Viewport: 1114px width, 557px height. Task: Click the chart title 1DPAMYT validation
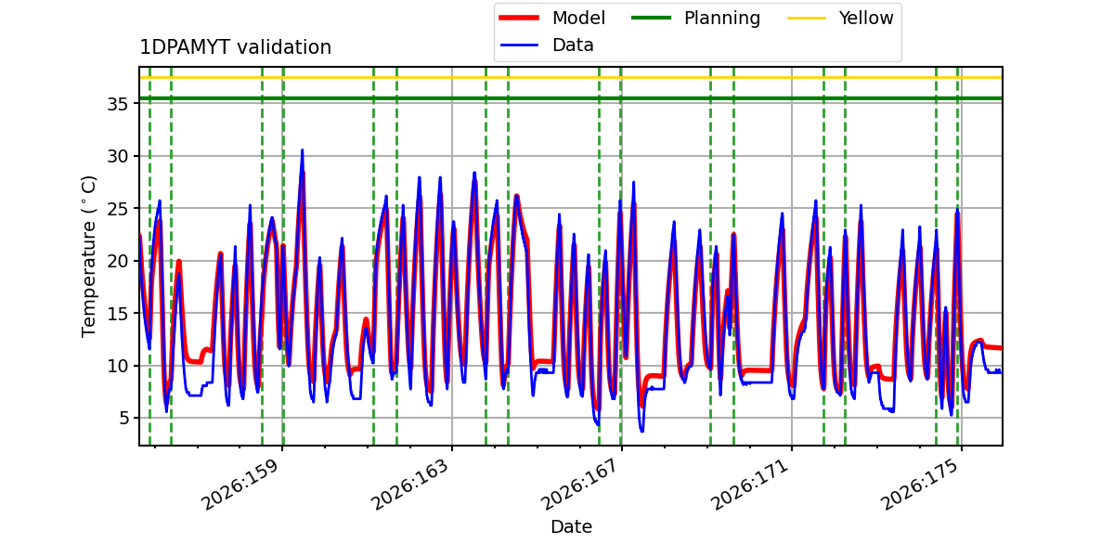pyautogui.click(x=235, y=47)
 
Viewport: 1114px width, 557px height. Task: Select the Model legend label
pyautogui.click(x=578, y=18)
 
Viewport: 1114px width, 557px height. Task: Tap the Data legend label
pyautogui.click(x=573, y=45)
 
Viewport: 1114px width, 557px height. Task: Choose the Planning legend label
pyautogui.click(x=722, y=19)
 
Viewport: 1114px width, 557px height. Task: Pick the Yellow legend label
pyautogui.click(x=866, y=18)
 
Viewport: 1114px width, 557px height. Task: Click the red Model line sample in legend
pyautogui.click(x=519, y=18)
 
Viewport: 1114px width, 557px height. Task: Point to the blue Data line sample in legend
pyautogui.click(x=519, y=45)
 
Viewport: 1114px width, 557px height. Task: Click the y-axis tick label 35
pyautogui.click(x=117, y=104)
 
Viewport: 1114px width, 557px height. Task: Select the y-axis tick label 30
pyautogui.click(x=117, y=156)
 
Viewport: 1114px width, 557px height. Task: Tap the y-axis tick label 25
pyautogui.click(x=117, y=208)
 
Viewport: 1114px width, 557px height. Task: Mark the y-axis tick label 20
pyautogui.click(x=117, y=261)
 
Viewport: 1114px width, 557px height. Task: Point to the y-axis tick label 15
pyautogui.click(x=117, y=314)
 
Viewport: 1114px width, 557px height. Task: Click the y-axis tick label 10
pyautogui.click(x=117, y=366)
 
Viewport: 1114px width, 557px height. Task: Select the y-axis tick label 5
pyautogui.click(x=123, y=418)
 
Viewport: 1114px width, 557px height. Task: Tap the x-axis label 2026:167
pyautogui.click(x=579, y=485)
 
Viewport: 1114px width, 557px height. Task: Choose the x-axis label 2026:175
pyautogui.click(x=919, y=485)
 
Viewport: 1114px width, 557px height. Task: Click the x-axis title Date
pyautogui.click(x=571, y=526)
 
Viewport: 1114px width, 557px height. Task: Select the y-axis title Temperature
pyautogui.click(x=88, y=256)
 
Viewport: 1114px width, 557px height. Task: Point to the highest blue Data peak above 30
pyautogui.click(x=302, y=150)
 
